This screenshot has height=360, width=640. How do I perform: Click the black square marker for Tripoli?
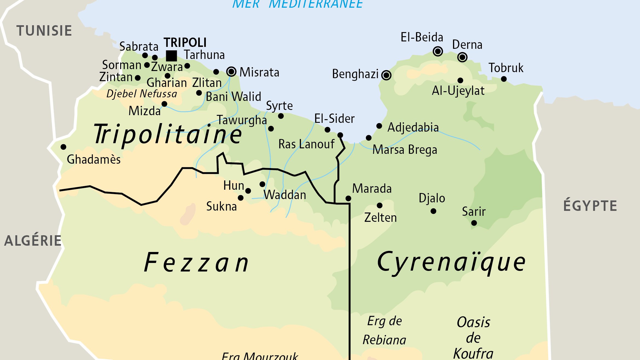pyautogui.click(x=171, y=56)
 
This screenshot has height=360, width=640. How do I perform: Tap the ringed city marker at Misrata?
pyautogui.click(x=231, y=72)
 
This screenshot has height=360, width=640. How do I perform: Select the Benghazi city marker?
pyautogui.click(x=386, y=75)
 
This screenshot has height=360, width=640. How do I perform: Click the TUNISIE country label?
pyautogui.click(x=44, y=30)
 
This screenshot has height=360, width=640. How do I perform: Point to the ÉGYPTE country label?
pyautogui.click(x=590, y=206)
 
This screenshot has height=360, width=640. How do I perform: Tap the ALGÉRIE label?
pyautogui.click(x=33, y=241)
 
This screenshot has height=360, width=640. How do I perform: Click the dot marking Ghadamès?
pyautogui.click(x=63, y=147)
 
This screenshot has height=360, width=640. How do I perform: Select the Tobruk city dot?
pyautogui.click(x=504, y=79)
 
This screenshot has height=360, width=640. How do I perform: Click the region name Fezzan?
pyautogui.click(x=197, y=263)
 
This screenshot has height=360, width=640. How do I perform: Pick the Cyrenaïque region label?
pyautogui.click(x=451, y=262)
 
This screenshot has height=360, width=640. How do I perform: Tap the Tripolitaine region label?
pyautogui.click(x=168, y=134)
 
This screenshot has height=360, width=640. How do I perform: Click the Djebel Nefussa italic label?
pyautogui.click(x=142, y=94)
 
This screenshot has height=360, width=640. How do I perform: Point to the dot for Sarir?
pyautogui.click(x=474, y=223)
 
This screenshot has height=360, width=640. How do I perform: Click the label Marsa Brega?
pyautogui.click(x=405, y=150)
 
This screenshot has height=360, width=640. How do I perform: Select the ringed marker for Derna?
pyautogui.click(x=462, y=57)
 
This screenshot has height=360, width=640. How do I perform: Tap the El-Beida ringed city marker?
pyautogui.click(x=438, y=51)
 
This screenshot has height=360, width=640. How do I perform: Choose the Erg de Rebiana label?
pyautogui.click(x=384, y=330)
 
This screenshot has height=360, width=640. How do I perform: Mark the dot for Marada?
pyautogui.click(x=348, y=198)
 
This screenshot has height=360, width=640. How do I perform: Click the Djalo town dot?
pyautogui.click(x=433, y=211)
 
